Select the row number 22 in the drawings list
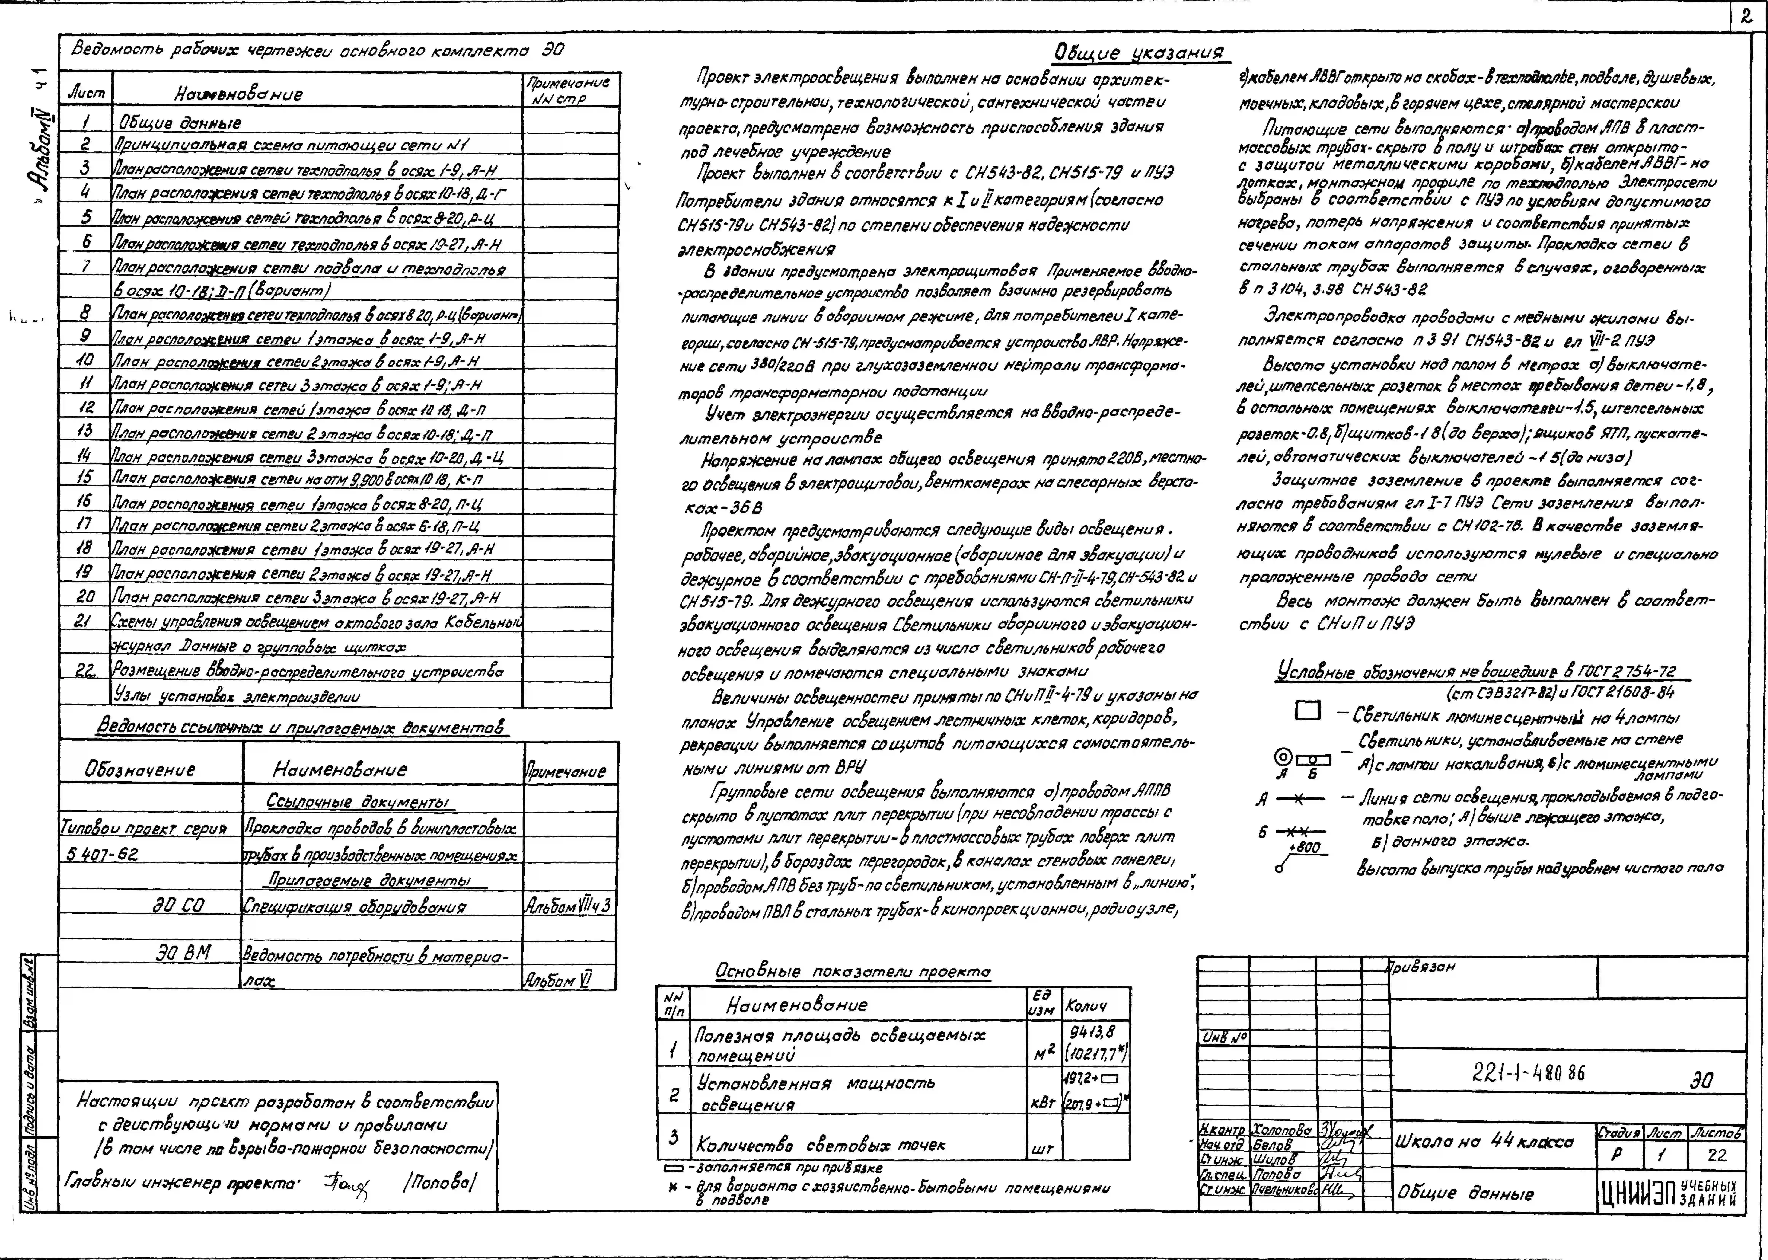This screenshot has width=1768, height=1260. (x=85, y=670)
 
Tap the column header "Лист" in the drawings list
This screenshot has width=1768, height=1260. (x=86, y=93)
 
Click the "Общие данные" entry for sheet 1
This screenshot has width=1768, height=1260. (x=180, y=123)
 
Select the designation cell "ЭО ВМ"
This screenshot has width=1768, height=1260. (x=184, y=953)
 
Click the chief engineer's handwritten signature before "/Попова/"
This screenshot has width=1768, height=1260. (x=346, y=1183)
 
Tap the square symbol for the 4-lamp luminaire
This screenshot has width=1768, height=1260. (x=1307, y=711)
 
